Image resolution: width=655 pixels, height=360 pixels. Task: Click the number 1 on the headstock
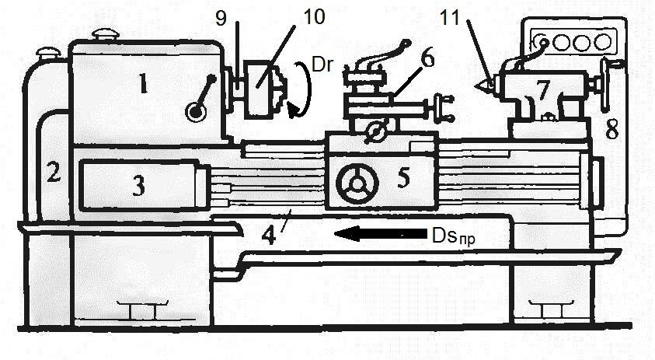coord(143,83)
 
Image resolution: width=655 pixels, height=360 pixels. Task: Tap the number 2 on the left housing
coord(54,171)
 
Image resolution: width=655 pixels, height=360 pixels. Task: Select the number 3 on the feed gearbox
coord(138,185)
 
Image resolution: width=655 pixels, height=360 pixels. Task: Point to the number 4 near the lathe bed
coord(269,236)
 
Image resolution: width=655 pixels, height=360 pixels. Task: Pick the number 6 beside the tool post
coord(427,58)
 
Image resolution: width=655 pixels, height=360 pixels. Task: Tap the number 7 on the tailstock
coord(542,89)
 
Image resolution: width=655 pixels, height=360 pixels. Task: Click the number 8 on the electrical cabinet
coord(612,129)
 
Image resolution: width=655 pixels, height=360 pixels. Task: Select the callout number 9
coord(221,18)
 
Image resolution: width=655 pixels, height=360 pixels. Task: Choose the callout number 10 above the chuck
coord(314,17)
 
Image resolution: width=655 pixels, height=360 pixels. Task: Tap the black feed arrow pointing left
coord(381,233)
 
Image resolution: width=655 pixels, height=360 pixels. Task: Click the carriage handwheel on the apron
coord(357,183)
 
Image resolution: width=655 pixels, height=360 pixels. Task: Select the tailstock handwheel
coord(604,86)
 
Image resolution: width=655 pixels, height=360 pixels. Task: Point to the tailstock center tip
coord(476,86)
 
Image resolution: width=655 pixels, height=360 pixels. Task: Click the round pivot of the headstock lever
coord(196,112)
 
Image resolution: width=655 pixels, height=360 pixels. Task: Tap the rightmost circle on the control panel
coord(603,42)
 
